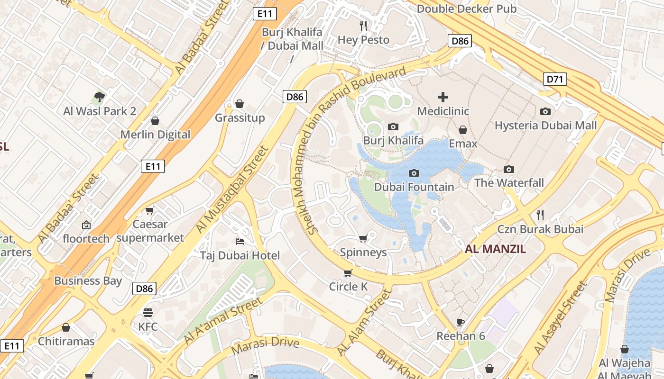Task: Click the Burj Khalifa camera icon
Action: coord(393,126)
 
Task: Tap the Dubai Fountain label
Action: coord(414,187)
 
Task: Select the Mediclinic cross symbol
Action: coord(443,98)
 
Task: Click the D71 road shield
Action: coord(555,79)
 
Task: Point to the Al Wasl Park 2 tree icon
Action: coord(99,98)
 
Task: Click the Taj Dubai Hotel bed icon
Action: coord(240,242)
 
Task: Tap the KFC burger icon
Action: coord(148,313)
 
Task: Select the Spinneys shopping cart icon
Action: coord(363,238)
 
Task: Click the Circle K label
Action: coord(349,287)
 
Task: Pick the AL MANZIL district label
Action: coord(495,249)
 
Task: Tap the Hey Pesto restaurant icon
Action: coord(363,26)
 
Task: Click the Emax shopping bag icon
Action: coord(463,130)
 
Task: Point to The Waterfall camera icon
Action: coord(509,169)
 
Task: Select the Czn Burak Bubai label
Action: coord(540,229)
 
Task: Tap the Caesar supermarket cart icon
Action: coord(150,210)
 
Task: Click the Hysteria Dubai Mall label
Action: coord(545,126)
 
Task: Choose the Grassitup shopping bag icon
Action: coord(240,104)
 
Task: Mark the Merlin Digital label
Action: coord(155,135)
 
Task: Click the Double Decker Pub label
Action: coord(467,9)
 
